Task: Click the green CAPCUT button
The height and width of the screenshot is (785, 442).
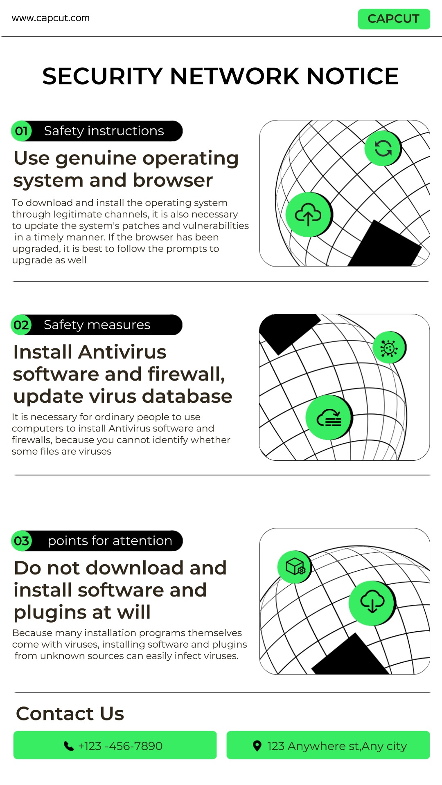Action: tap(394, 19)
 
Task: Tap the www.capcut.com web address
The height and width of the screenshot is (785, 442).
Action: tap(51, 18)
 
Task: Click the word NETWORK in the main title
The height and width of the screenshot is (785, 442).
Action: tap(235, 76)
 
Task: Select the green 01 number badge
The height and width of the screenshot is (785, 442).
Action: tap(21, 131)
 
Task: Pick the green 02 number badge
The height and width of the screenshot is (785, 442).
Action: tap(21, 325)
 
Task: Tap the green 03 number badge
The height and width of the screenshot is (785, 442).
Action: tap(21, 541)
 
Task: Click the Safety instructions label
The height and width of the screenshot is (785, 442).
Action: tap(104, 131)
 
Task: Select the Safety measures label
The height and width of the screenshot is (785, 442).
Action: tap(97, 325)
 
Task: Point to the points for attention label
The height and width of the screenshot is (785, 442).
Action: tap(110, 541)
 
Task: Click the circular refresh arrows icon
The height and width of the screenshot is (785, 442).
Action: tap(383, 148)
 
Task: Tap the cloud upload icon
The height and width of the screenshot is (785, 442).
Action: tap(309, 215)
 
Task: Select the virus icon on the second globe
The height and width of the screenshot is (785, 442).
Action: tap(389, 348)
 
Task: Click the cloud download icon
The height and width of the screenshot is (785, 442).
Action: tap(372, 603)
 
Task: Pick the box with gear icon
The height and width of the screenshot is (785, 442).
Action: tap(295, 567)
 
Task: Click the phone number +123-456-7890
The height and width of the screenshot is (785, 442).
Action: tap(120, 746)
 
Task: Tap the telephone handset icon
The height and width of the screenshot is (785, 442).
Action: tap(69, 746)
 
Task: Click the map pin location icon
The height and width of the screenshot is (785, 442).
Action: tap(257, 746)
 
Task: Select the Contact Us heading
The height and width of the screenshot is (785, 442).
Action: tap(70, 714)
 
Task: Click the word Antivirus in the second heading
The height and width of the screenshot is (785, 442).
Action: tap(122, 352)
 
